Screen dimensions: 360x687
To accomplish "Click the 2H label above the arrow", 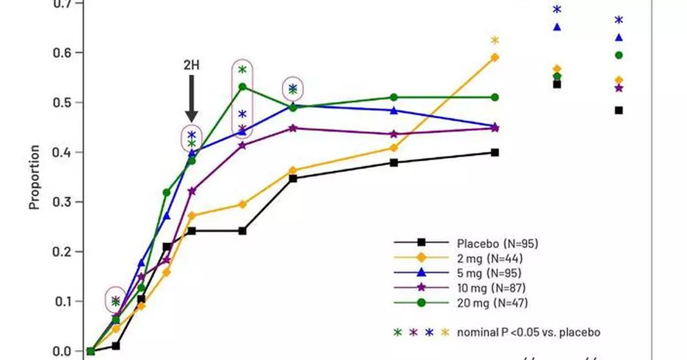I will (x=192, y=65).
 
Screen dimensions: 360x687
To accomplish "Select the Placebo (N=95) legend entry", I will (x=497, y=243).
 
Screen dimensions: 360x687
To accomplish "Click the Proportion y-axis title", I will (x=34, y=177).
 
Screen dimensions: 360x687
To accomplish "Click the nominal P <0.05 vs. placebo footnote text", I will (x=528, y=332).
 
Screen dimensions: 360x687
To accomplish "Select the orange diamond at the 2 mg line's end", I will (x=495, y=57).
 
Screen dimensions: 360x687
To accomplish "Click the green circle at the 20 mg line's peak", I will (x=242, y=87).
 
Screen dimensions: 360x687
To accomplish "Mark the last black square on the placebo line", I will (x=495, y=152).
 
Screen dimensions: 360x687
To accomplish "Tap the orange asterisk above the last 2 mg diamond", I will (x=495, y=40).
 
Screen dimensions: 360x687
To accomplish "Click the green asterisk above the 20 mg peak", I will (x=242, y=70).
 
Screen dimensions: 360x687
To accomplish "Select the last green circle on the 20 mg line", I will (x=495, y=97).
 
